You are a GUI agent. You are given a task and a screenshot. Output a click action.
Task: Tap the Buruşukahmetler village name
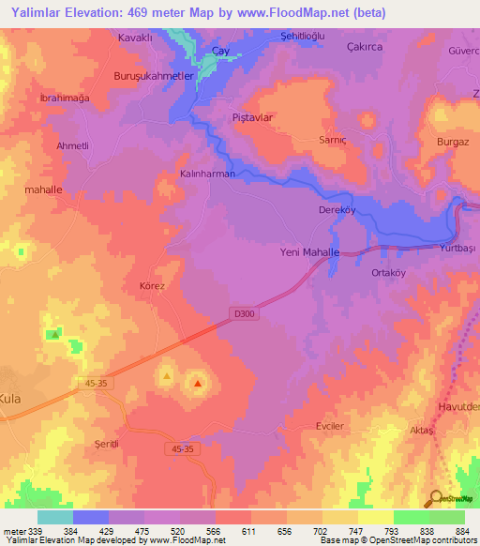tap(153, 76)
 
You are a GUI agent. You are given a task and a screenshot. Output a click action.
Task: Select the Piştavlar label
tap(252, 117)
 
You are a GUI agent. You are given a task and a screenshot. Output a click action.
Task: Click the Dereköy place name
tap(336, 210)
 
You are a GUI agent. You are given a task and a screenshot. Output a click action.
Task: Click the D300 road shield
tap(240, 316)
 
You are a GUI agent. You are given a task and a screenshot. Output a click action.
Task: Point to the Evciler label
tap(331, 425)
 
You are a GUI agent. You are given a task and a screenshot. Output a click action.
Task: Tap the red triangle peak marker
tap(198, 383)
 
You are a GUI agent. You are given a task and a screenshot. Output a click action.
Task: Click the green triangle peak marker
tap(55, 333)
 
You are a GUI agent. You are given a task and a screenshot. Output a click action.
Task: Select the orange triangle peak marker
tap(167, 376)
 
